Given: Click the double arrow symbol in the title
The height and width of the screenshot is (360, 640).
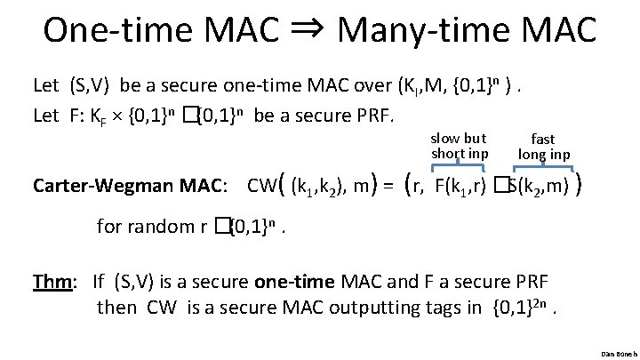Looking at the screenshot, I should (x=308, y=32).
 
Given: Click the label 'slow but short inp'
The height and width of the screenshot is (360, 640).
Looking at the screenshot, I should (x=459, y=146).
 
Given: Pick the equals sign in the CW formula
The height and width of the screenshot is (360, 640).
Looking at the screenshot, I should (x=388, y=187).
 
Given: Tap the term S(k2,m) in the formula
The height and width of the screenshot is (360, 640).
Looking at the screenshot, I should (x=539, y=187).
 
